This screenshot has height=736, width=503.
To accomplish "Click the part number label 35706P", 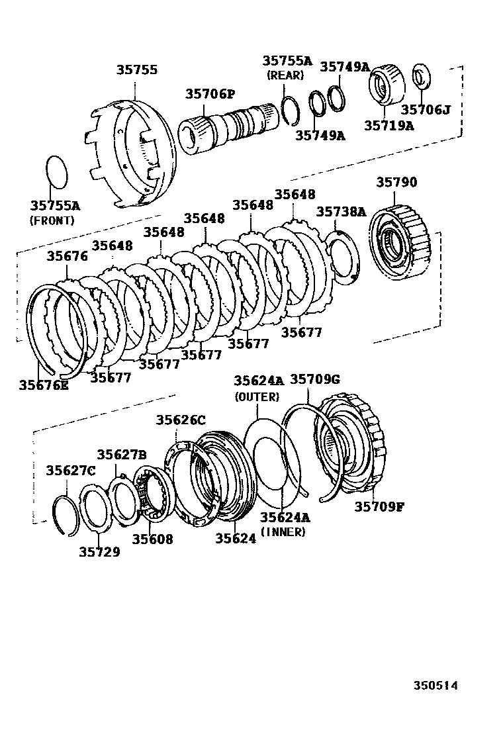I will tap(210, 95).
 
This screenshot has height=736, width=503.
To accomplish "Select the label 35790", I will tap(397, 182).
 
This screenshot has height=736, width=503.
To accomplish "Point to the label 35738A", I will tap(341, 211).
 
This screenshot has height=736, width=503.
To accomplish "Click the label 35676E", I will tap(44, 385).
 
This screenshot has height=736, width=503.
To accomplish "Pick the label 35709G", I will tap(315, 379).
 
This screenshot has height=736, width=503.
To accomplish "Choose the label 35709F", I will tap(379, 506).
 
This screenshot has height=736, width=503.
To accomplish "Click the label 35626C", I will tap(181, 420).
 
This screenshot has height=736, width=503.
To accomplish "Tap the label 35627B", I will tap(122, 454).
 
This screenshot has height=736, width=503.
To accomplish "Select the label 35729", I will tap(99, 551).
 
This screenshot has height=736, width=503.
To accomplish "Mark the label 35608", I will tap(152, 539).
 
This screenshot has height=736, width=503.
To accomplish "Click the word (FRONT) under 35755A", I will tap(52, 220).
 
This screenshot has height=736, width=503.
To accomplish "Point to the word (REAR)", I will tap(285, 75).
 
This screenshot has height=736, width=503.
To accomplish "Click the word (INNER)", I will tap(283, 531).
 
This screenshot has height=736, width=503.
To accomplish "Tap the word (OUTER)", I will tap(257, 397).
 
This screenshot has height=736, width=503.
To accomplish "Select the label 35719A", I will tap(388, 125).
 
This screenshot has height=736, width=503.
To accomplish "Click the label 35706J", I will tap(426, 109).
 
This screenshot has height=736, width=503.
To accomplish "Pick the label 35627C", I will tap(70, 471).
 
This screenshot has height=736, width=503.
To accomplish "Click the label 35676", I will tap(67, 256).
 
